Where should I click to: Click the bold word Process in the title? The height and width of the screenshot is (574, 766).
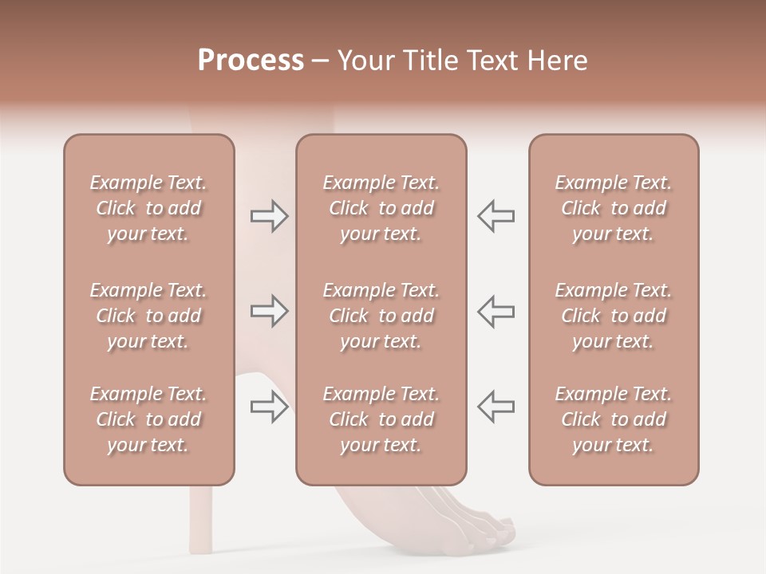[x=251, y=61]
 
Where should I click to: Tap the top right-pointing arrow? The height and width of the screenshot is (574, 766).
[x=269, y=216]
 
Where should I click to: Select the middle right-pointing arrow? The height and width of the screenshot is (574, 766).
[x=269, y=311]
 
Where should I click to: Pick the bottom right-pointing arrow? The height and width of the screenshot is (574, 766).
[x=269, y=407]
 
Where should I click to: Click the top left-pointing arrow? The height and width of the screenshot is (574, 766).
[x=496, y=216]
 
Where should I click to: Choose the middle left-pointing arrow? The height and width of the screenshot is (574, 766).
[x=496, y=311]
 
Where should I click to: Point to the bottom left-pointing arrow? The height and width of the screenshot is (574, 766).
[x=496, y=407]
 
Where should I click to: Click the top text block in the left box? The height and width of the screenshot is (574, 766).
[x=148, y=208]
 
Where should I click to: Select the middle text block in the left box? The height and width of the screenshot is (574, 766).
[x=148, y=316]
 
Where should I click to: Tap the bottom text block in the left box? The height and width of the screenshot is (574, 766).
[x=148, y=419]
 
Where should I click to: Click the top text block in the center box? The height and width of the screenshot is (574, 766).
[x=381, y=208]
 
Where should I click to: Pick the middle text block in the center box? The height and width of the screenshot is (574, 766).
[x=381, y=316]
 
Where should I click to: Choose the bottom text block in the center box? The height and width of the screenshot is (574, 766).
[x=381, y=419]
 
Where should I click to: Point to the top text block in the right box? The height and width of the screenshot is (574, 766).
[x=614, y=208]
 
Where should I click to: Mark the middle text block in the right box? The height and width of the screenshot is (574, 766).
[x=614, y=316]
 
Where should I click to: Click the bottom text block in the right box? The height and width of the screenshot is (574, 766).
[x=614, y=419]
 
